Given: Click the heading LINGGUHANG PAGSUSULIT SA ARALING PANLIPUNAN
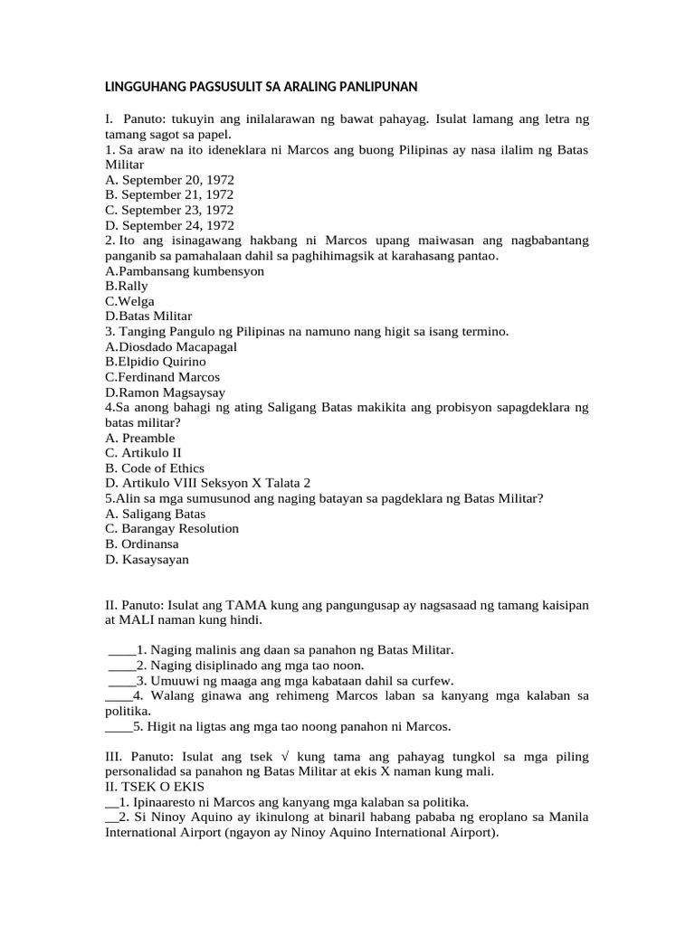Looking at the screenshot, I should (261, 87).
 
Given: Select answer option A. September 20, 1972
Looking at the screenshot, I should (169, 179).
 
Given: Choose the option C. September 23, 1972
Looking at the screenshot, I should (169, 210).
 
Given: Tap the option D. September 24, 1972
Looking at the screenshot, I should (169, 225).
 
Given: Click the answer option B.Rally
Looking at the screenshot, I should (127, 286).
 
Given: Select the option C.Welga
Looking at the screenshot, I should (130, 301).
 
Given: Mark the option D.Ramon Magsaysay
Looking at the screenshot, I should (166, 392).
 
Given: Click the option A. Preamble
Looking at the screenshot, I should (140, 438).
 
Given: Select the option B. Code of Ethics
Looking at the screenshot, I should (155, 468).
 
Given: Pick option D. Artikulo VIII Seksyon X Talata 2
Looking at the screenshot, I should (208, 483).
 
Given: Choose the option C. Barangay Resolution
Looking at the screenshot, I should (172, 528).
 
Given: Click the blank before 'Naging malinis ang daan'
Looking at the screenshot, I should (121, 650).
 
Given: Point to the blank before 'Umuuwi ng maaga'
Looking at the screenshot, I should (121, 681).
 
